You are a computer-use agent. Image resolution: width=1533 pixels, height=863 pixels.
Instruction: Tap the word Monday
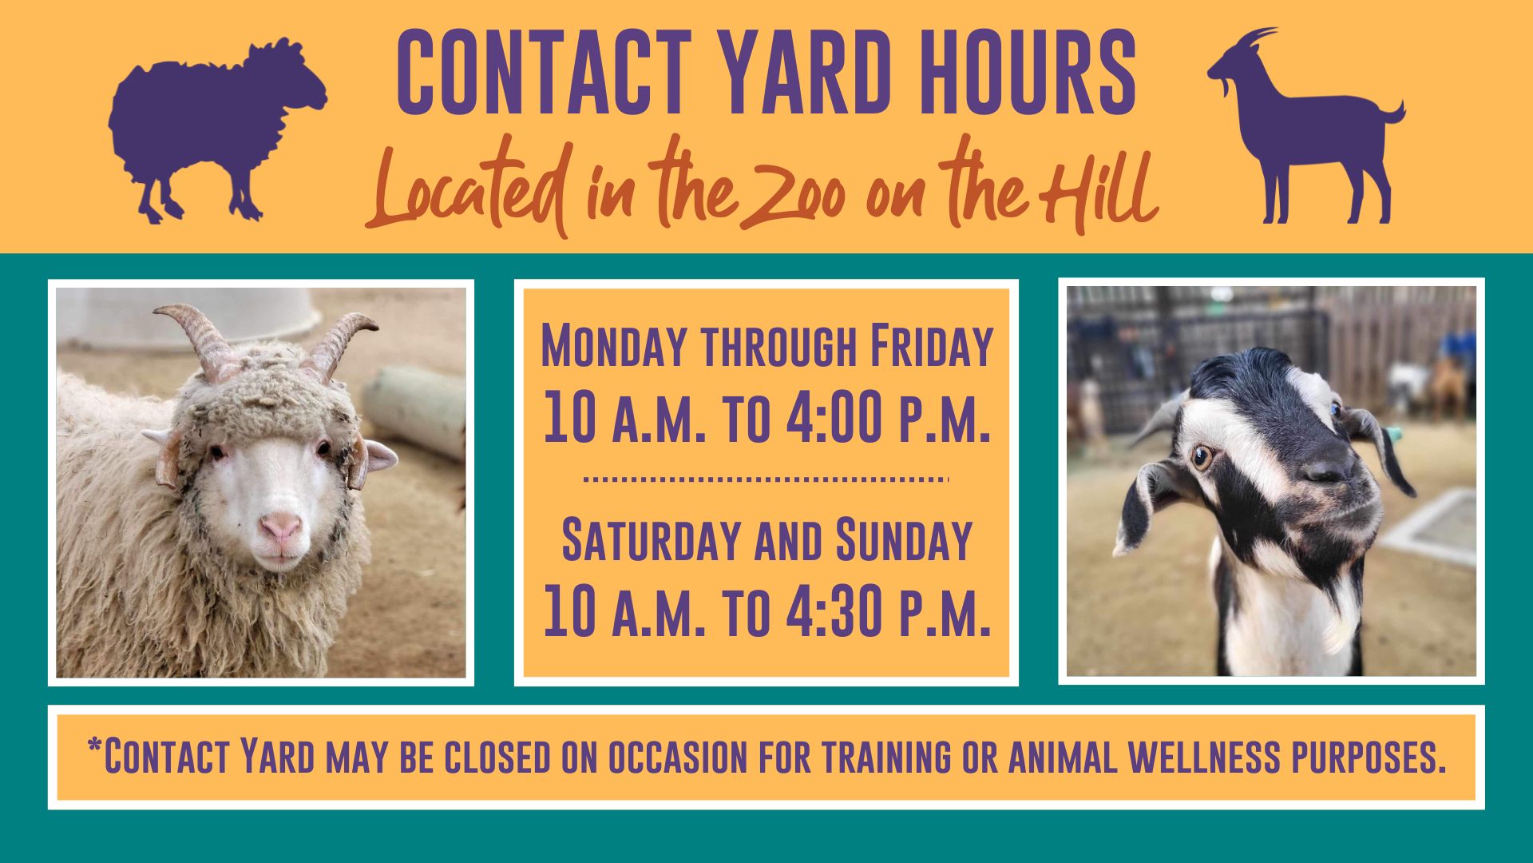click(x=614, y=346)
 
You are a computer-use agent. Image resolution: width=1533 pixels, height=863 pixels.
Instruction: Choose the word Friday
click(x=931, y=346)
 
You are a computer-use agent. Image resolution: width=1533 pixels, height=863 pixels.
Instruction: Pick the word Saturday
click(x=652, y=539)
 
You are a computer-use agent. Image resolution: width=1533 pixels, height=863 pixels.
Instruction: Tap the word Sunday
click(x=904, y=539)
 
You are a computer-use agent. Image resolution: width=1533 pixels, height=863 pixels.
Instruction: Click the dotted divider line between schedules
click(x=766, y=479)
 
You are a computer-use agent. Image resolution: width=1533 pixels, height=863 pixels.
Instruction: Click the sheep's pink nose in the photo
click(x=282, y=527)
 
